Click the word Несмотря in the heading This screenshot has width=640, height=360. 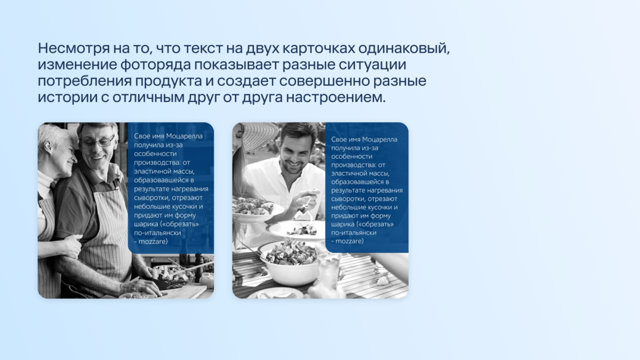pyautogui.click(x=74, y=48)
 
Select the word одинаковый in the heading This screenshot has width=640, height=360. pyautogui.click(x=404, y=48)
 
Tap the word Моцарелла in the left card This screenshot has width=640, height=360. pyautogui.click(x=185, y=136)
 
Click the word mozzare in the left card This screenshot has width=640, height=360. pyautogui.click(x=152, y=242)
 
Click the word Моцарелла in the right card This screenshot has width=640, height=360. pyautogui.click(x=380, y=139)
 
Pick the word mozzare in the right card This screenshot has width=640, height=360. pyautogui.click(x=349, y=241)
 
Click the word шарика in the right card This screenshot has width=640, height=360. pyautogui.click(x=342, y=225)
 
